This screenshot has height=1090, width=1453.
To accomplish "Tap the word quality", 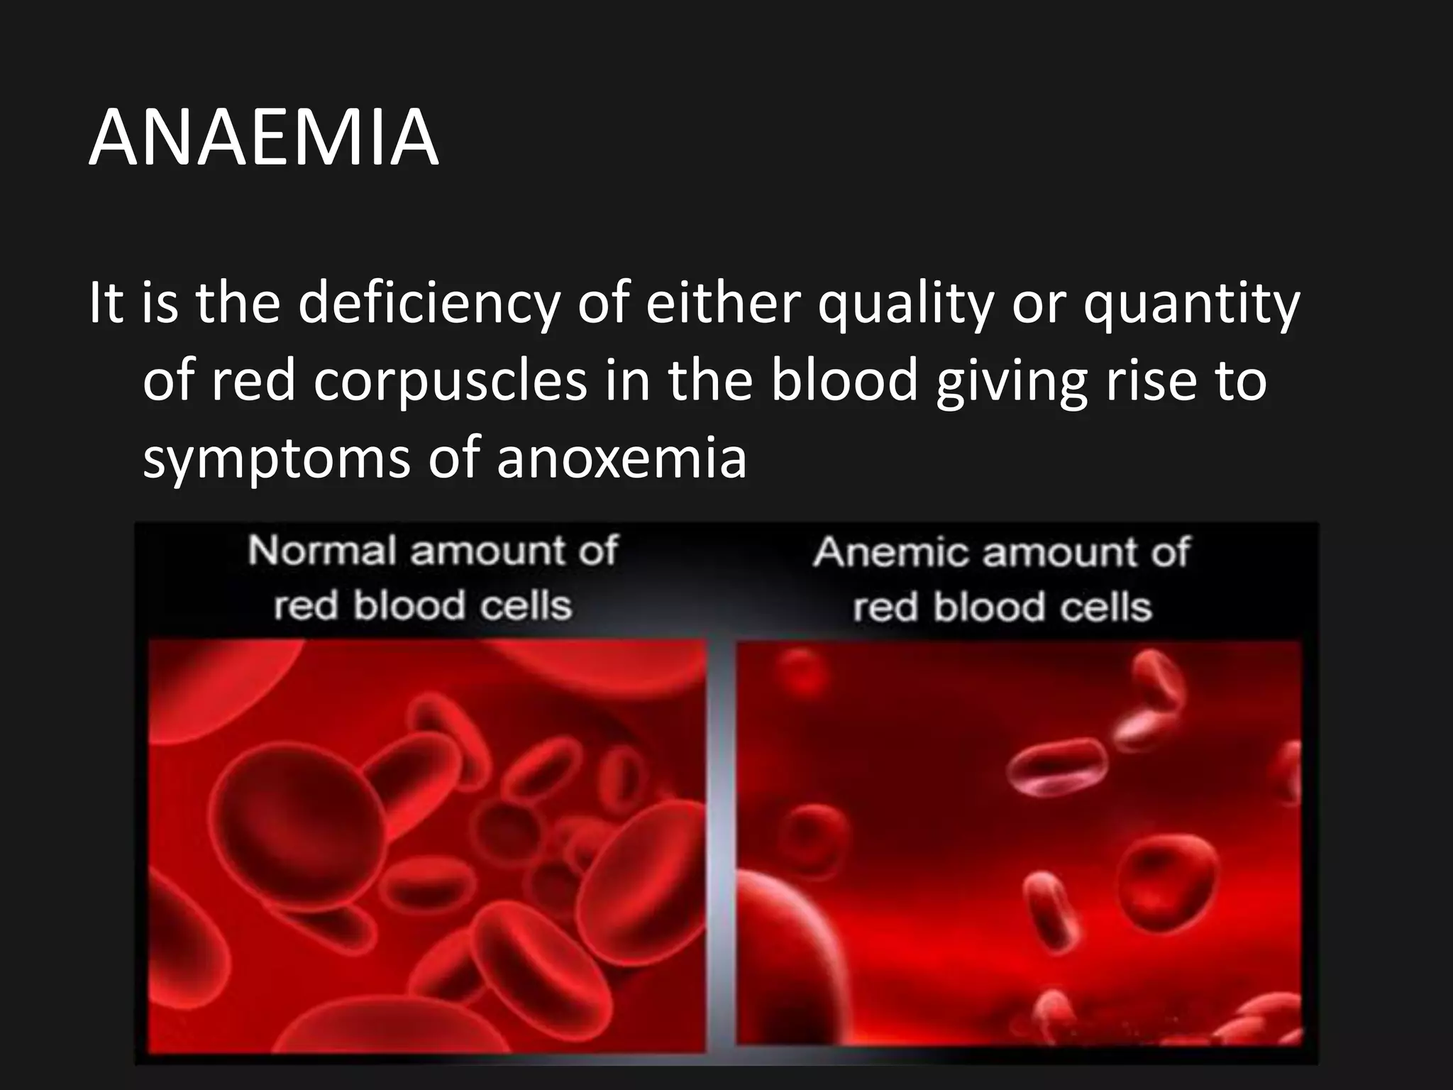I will (905, 304).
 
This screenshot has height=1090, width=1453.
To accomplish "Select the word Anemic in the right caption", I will (890, 552).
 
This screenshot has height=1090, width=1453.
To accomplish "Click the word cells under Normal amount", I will (525, 606).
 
